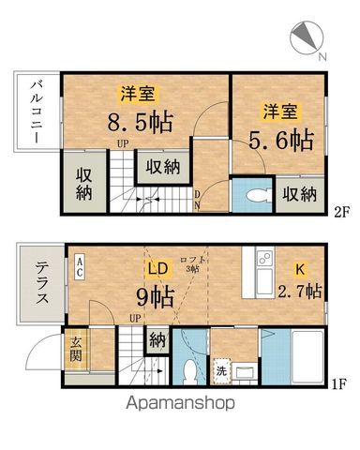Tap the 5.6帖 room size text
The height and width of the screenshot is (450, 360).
pyautogui.click(x=280, y=141)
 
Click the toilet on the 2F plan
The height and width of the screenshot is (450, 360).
pyautogui.click(x=251, y=195)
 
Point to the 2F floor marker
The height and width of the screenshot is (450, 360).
pyautogui.click(x=339, y=211)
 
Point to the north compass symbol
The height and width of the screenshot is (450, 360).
pyautogui.click(x=307, y=36)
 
